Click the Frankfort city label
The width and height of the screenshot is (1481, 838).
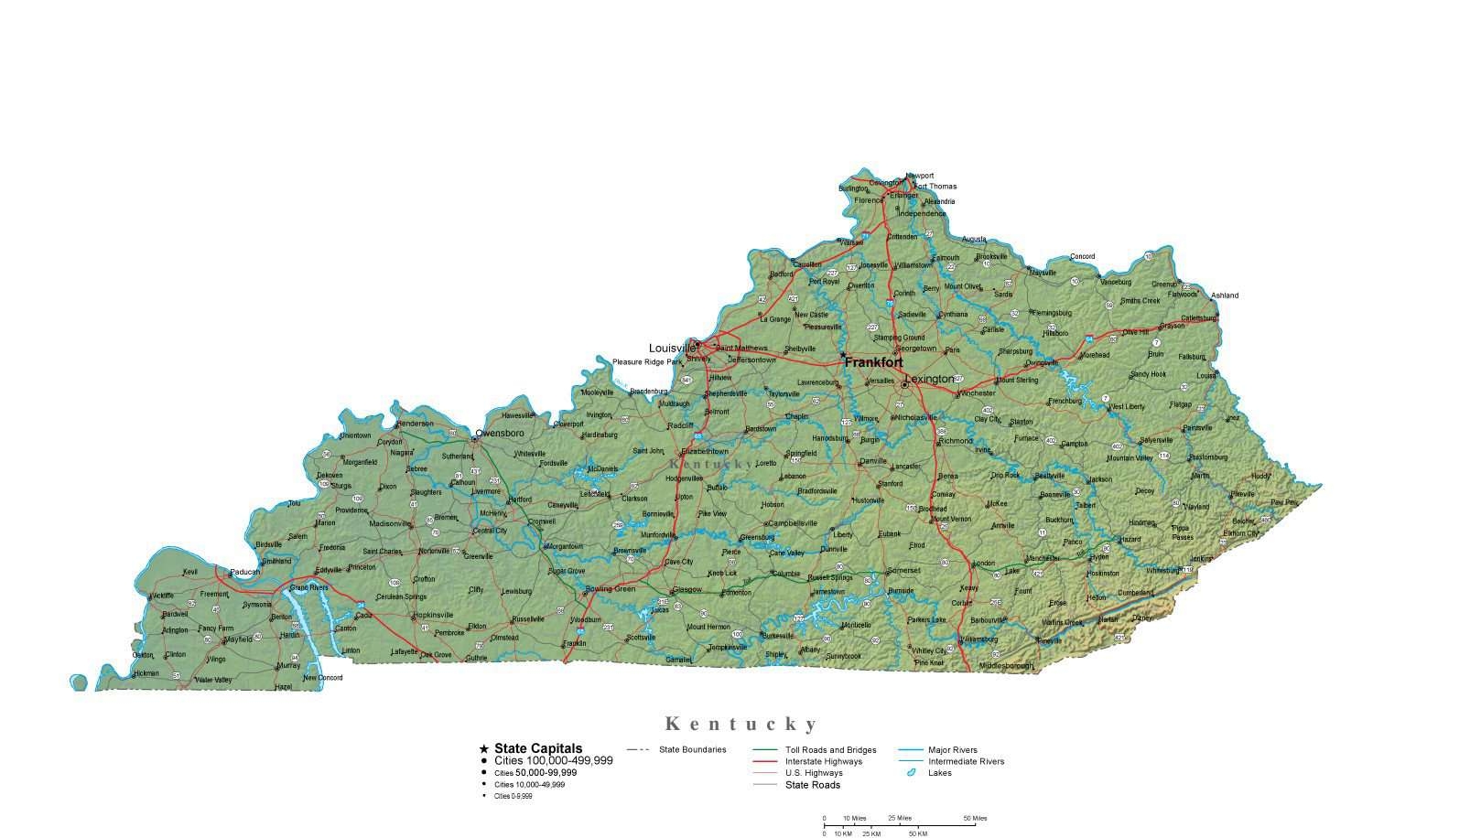(x=873, y=363)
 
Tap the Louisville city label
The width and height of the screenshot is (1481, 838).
(x=672, y=349)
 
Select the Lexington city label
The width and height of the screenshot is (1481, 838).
(x=929, y=379)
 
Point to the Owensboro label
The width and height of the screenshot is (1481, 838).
(x=500, y=433)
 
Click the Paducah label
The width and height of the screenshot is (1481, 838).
(x=245, y=573)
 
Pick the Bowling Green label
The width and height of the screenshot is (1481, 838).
(x=611, y=589)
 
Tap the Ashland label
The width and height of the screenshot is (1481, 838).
(x=1225, y=295)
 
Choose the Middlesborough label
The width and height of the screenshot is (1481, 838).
(x=1006, y=666)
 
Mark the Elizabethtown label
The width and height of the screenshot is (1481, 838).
(x=706, y=451)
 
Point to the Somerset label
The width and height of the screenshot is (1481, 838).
(x=903, y=570)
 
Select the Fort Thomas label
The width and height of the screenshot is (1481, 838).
(x=935, y=187)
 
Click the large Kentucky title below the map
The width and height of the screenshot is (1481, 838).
(x=740, y=725)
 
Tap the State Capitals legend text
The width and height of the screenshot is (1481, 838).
(x=538, y=748)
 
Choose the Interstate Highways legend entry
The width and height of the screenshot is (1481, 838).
(x=824, y=761)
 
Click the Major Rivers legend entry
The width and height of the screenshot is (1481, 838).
(x=953, y=750)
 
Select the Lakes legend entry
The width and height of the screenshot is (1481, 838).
(x=940, y=773)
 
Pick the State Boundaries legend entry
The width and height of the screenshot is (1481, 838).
(x=693, y=750)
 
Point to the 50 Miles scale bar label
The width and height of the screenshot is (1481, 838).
(x=975, y=818)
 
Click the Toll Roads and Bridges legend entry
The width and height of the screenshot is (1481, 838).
(x=831, y=750)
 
